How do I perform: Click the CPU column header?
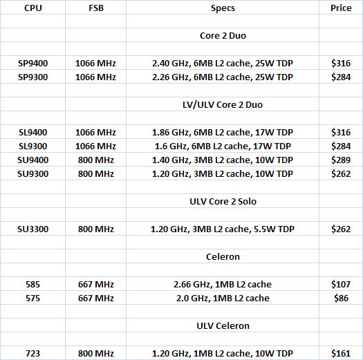pyautogui.click(x=32, y=8)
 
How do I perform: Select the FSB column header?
pyautogui.click(x=95, y=8)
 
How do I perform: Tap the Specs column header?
pyautogui.click(x=222, y=8)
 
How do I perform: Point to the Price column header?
pyautogui.click(x=339, y=8)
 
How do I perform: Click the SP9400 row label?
pyautogui.click(x=32, y=63)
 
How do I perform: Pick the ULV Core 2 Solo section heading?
pyautogui.click(x=222, y=201)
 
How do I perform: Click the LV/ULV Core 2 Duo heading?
pyautogui.click(x=222, y=104)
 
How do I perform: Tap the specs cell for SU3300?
pyautogui.click(x=222, y=229)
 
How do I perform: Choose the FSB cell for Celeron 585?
pyautogui.click(x=95, y=284)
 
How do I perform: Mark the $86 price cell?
pyautogui.click(x=340, y=298)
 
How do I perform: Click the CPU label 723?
pyautogui.click(x=32, y=353)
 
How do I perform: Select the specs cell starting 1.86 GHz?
pyautogui.click(x=222, y=132)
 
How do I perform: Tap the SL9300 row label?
pyautogui.click(x=32, y=146)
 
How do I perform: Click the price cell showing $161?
pyautogui.click(x=340, y=353)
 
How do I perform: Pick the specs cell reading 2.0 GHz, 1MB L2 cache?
pyautogui.click(x=222, y=298)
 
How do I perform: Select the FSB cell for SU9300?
pyautogui.click(x=95, y=173)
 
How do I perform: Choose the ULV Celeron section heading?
pyautogui.click(x=222, y=325)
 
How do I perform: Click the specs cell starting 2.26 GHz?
pyautogui.click(x=222, y=77)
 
